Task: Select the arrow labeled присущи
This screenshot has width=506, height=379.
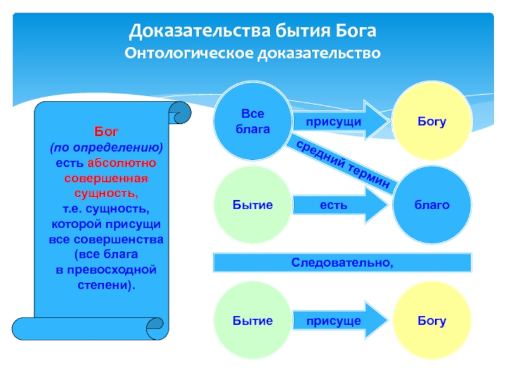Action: click(x=335, y=121)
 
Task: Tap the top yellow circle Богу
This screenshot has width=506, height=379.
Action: click(x=431, y=121)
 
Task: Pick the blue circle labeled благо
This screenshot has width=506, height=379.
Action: click(x=431, y=205)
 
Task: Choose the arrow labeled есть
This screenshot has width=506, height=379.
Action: click(x=335, y=205)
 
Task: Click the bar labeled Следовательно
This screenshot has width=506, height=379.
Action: click(x=342, y=262)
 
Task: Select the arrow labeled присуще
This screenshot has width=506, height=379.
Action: click(x=335, y=321)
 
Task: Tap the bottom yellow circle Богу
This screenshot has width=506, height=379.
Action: click(x=431, y=321)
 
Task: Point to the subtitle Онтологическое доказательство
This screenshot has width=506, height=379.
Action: click(x=253, y=53)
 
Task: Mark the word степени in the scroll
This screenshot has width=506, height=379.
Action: click(x=104, y=284)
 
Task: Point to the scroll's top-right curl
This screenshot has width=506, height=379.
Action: click(x=180, y=114)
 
